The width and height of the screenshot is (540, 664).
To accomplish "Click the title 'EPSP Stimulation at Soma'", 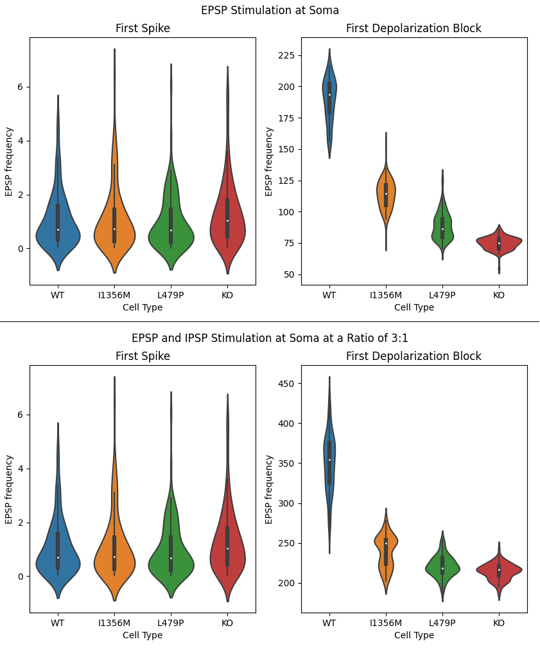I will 270,10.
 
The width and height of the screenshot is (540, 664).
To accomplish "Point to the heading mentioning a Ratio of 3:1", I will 270,338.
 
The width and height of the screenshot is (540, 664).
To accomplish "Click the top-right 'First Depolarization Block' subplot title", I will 414,28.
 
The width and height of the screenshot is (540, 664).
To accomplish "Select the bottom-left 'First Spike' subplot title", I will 143,356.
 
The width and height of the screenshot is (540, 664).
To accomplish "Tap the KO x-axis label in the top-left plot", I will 227,296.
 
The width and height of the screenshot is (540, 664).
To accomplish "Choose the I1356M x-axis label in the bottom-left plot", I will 114,624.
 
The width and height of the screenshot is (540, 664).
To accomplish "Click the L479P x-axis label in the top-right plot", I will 442,296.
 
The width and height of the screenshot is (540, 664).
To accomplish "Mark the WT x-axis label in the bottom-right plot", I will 329,624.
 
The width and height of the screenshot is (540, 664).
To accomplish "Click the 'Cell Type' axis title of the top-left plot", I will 143,307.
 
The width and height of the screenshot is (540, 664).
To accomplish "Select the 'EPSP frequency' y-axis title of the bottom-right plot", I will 270,489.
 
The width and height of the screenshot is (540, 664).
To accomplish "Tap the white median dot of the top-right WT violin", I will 329,95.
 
